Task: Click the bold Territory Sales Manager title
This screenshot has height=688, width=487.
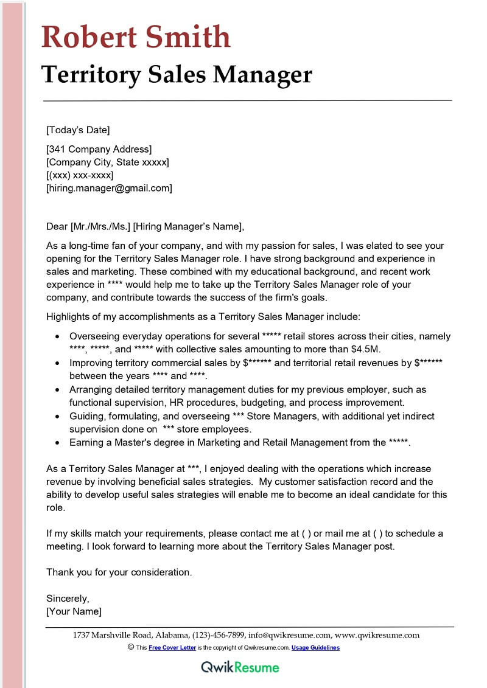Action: tap(177, 74)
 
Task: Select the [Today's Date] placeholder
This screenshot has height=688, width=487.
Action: tap(78, 130)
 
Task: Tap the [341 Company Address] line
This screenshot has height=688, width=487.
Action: tap(99, 149)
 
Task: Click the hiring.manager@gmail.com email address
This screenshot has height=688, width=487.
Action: tap(110, 188)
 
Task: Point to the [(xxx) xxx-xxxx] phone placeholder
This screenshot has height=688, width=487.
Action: tap(80, 175)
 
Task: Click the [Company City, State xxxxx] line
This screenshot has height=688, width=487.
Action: tap(108, 162)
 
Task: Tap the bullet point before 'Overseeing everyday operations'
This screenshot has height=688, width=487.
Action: tap(57, 336)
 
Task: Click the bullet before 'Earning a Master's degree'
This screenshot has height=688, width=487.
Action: tap(57, 443)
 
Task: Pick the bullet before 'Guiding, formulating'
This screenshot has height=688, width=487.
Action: tap(57, 416)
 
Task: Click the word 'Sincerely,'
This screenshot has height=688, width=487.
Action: tap(68, 598)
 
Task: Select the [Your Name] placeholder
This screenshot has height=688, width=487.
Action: tap(74, 611)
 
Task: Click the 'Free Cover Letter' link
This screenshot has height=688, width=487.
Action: tap(172, 648)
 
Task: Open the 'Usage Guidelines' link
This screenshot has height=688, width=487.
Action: tap(315, 648)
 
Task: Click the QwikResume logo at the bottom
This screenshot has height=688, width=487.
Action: tap(240, 667)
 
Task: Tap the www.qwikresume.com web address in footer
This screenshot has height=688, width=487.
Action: tap(377, 635)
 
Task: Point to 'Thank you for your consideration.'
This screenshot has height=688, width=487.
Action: tap(119, 572)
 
